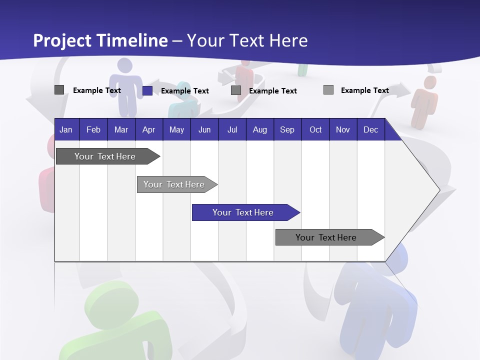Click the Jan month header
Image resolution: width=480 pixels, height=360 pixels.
(x=66, y=130)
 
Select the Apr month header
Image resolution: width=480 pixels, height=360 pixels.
(x=148, y=130)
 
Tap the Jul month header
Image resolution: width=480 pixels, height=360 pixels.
(x=232, y=130)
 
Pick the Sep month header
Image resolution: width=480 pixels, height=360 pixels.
(x=287, y=130)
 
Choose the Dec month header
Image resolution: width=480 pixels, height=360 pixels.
(x=370, y=130)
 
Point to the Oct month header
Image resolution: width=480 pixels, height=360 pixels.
(x=315, y=130)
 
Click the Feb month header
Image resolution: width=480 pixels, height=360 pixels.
(x=93, y=130)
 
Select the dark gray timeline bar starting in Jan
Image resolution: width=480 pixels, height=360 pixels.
(x=105, y=156)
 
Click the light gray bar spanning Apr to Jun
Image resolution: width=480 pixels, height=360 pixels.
(x=175, y=184)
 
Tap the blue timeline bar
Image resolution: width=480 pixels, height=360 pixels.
(x=243, y=212)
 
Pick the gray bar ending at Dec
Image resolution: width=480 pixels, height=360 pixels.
(x=327, y=237)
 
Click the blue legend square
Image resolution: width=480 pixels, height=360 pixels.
(x=147, y=90)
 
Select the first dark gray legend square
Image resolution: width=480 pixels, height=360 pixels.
(x=59, y=90)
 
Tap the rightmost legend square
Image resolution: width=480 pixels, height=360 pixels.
(x=328, y=90)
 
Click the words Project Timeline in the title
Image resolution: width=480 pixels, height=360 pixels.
(x=100, y=40)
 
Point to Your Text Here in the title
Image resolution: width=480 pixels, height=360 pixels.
(x=247, y=40)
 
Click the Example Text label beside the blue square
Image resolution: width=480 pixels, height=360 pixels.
(x=185, y=91)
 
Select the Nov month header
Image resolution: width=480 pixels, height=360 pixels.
(x=343, y=130)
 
